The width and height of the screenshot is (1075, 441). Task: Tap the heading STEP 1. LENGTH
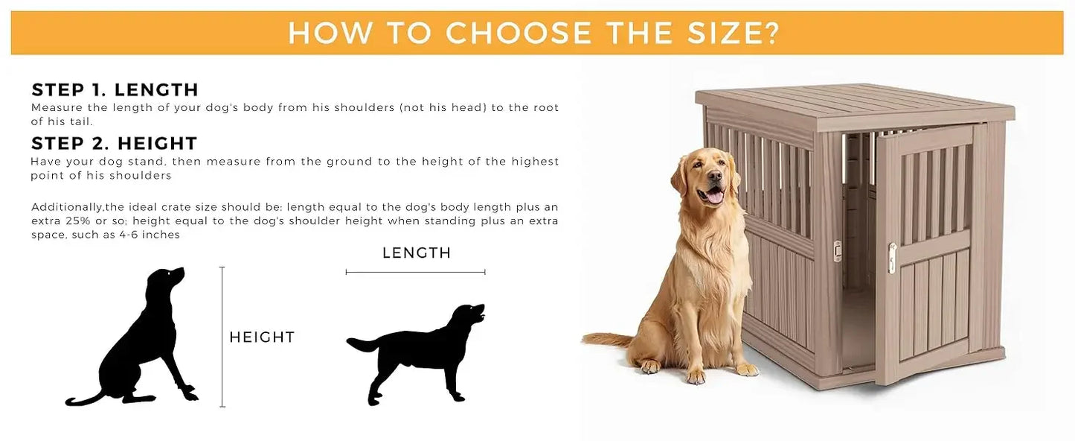[x=115, y=90]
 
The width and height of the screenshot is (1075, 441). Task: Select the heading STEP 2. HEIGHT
[x=115, y=143]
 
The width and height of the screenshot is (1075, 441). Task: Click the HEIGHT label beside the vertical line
[x=262, y=337]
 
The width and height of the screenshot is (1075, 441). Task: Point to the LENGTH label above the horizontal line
[x=417, y=253]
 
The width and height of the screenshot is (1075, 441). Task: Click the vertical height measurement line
[x=222, y=337]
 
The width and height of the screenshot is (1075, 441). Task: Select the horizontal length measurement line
[x=416, y=272]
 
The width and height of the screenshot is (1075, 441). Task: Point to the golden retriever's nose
[x=715, y=176]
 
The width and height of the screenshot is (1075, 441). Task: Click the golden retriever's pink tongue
[x=714, y=197]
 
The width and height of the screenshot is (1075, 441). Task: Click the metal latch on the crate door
[x=892, y=258]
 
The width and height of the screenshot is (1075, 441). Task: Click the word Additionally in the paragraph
[x=66, y=208]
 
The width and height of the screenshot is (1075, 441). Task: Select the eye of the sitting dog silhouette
[x=169, y=273]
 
